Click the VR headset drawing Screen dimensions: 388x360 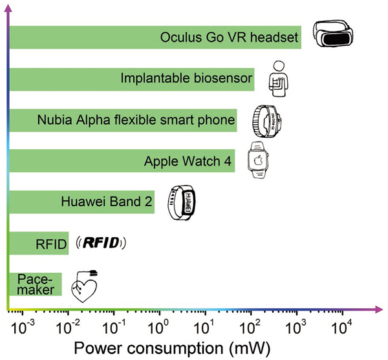pos(333,33)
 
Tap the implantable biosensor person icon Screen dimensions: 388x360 pos(278,79)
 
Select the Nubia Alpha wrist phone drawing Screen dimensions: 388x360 pos(266,121)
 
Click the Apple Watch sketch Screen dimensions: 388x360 pos(258,160)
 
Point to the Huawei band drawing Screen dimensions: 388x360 pos(182,202)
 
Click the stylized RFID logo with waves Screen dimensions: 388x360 pos(101,243)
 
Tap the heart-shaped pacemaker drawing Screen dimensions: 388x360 pos(84,286)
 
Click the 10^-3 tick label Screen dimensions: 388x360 pos(23,327)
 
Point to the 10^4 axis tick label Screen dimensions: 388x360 pos(341,327)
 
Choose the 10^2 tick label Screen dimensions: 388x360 pos(250,327)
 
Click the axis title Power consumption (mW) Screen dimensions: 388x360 pos(172,348)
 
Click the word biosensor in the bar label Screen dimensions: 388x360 pos(222,78)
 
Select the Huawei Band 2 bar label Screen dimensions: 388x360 pos(107,202)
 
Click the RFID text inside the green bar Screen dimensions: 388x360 pos(51,244)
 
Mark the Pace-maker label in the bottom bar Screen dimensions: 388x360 pos(36,284)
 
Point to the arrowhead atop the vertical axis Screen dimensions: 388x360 pos(8,8)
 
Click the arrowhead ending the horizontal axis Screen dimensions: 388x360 pos(378,310)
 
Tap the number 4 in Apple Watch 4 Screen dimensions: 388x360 pos(228,161)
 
